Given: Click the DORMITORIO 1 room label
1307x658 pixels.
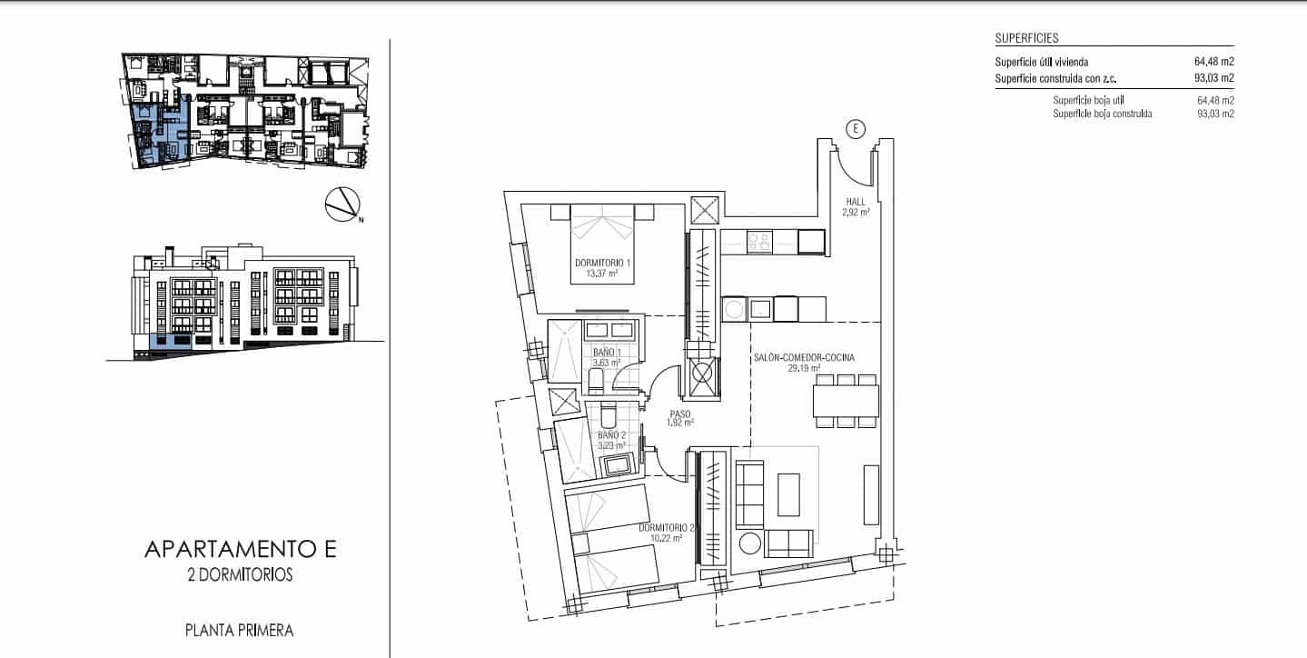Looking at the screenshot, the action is click(x=602, y=264).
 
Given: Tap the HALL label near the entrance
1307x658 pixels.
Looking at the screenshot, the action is click(x=856, y=202).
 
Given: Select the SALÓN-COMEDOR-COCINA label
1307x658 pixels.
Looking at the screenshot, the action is click(x=804, y=357).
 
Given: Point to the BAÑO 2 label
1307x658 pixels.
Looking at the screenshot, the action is click(x=611, y=435).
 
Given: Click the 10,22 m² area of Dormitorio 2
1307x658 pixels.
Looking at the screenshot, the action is click(x=666, y=538).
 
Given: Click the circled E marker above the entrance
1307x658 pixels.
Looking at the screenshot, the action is click(x=856, y=128).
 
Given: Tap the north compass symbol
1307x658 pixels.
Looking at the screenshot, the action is click(x=343, y=204).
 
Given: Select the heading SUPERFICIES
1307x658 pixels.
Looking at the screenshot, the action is click(x=1026, y=38).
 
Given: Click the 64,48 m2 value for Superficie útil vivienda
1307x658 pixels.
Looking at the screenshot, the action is click(x=1214, y=61).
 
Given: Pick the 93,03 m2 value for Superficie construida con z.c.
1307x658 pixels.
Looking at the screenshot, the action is click(x=1214, y=77).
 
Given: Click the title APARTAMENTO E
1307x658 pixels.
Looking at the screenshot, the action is click(x=241, y=549).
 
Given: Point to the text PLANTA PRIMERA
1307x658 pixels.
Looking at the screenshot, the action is click(x=239, y=631).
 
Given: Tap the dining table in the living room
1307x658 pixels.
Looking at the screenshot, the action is click(x=846, y=401).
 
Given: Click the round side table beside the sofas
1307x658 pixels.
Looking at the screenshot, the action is click(x=749, y=543).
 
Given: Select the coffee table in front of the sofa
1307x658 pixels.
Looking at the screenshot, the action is click(x=788, y=494).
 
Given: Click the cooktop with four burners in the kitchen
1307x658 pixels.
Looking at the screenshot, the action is click(x=759, y=242).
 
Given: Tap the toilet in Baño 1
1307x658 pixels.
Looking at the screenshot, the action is click(x=597, y=380).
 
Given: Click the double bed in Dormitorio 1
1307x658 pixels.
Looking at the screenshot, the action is click(x=602, y=244).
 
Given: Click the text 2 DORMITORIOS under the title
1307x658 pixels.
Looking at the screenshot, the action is click(x=240, y=575).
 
